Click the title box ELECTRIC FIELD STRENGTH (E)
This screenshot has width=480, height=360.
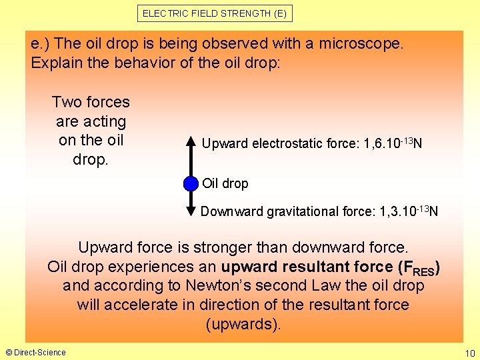pyautogui.click(x=216, y=13)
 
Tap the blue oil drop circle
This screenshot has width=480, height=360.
pyautogui.click(x=191, y=183)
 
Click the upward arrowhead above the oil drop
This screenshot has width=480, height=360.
pyautogui.click(x=191, y=142)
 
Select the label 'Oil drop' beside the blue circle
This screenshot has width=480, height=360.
pyautogui.click(x=225, y=183)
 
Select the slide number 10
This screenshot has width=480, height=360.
pyautogui.click(x=468, y=352)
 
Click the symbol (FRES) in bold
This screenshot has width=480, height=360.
pyautogui.click(x=418, y=267)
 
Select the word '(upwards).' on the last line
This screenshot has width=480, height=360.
pyautogui.click(x=244, y=325)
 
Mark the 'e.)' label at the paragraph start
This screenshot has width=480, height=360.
pyautogui.click(x=41, y=43)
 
